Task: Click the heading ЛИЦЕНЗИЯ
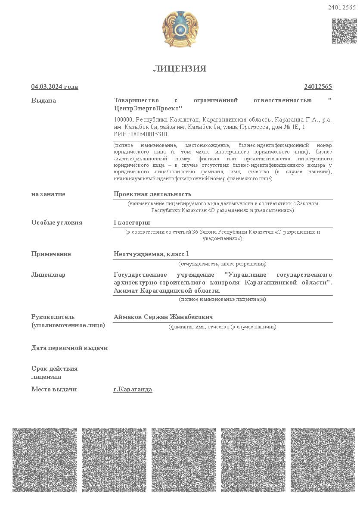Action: point(180,69)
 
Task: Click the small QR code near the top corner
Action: point(344,31)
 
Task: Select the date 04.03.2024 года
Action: point(55,87)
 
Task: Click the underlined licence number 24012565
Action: point(318,87)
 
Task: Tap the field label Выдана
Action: point(43,100)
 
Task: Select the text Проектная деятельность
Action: point(152,194)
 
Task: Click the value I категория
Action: point(132,222)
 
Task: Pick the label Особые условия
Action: point(57,222)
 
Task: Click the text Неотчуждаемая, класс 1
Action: point(151,254)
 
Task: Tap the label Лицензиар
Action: point(48,275)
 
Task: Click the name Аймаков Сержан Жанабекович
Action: point(163,317)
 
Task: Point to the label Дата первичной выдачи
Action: point(69,348)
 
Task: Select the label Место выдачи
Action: point(54,389)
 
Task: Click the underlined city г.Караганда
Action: point(133,389)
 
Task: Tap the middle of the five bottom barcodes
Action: point(183,460)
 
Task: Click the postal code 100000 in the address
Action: point(123,119)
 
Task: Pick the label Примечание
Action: point(51,254)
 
